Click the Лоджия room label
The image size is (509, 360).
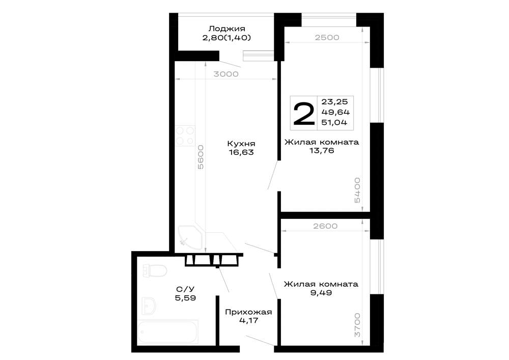[227, 29]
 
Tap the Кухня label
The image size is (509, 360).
[241, 144]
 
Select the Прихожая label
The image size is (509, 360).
[248, 312]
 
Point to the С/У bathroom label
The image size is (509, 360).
[185, 289]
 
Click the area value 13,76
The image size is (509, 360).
[322, 151]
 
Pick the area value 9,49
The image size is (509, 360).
[321, 293]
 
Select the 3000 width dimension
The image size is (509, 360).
[226, 74]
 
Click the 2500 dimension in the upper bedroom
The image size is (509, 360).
[327, 37]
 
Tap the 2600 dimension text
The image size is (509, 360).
[325, 226]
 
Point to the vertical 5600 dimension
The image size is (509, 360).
[201, 157]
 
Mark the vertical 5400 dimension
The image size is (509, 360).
[357, 190]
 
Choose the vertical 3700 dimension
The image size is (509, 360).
[357, 325]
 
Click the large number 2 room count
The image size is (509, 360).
[304, 113]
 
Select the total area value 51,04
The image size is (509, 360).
[334, 122]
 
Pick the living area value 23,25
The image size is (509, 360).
[334, 102]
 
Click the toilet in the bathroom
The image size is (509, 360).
[155, 270]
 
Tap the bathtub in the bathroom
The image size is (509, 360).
[168, 332]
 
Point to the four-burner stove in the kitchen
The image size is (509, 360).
[185, 135]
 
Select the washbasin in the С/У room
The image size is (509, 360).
[149, 306]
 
